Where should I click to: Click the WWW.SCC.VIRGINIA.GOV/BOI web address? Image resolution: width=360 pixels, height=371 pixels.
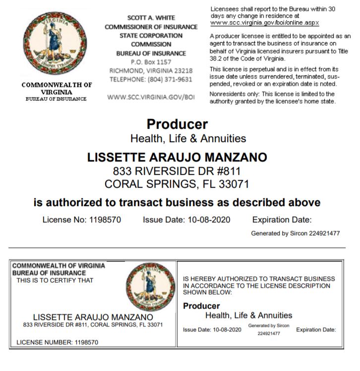151,97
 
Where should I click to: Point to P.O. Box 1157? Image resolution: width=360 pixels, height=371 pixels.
151,62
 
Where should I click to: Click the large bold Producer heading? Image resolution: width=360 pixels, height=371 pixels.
177,124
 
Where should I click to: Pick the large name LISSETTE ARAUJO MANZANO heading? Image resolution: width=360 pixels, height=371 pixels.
177,158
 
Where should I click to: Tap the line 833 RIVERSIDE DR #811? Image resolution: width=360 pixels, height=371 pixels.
177,171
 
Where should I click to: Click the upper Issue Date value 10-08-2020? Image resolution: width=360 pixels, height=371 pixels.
209,219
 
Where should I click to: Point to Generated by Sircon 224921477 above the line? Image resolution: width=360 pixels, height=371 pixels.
295,233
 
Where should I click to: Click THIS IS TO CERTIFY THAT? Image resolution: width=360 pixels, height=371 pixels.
55,280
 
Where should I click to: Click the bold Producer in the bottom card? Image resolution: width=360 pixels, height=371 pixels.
201,306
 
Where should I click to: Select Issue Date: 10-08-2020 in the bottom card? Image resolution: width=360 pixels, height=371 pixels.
212,330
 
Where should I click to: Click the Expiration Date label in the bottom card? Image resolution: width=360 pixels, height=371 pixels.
316,330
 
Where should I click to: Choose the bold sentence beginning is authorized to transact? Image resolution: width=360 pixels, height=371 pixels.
177,203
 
